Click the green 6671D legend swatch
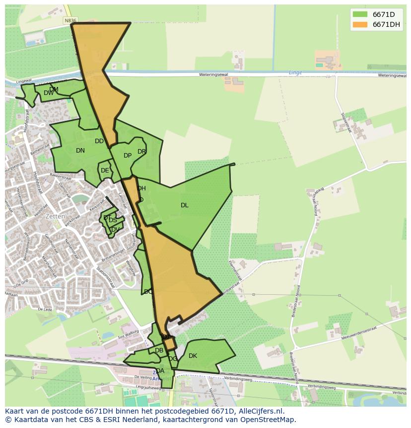coord(360,14)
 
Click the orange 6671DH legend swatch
coord(360,24)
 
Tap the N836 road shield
coord(70,20)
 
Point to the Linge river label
coord(295,73)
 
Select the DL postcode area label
coord(185,205)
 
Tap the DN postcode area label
coord(80,151)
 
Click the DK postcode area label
coord(193,356)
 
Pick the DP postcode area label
coord(128,156)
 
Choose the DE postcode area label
coord(105,171)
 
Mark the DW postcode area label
coord(49,93)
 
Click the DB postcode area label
coord(159,350)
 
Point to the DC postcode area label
coord(148,292)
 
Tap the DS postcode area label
coord(113,220)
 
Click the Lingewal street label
coord(24,81)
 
